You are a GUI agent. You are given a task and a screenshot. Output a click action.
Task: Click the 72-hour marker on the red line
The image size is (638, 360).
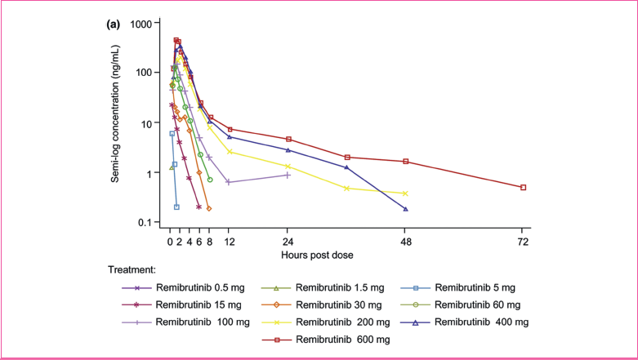tap(523, 187)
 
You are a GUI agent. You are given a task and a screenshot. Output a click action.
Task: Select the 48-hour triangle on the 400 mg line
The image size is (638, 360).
tap(405, 209)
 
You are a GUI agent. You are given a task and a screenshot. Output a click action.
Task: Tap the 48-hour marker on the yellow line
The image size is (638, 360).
tap(405, 193)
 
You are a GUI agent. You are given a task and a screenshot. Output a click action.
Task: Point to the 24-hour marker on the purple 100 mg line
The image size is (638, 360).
tap(288, 175)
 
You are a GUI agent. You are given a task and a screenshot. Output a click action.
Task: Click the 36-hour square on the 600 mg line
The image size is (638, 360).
tap(347, 158)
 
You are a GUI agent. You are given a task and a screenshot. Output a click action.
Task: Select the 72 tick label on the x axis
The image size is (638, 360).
tap(523, 242)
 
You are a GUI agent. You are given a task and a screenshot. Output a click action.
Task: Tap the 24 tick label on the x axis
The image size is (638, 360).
tap(288, 242)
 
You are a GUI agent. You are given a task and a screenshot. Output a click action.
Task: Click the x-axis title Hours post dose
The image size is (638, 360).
tap(318, 255)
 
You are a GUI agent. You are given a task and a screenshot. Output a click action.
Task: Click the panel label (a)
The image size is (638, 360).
tap(114, 24)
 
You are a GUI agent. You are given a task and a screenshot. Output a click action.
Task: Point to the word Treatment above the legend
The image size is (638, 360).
tap(132, 269)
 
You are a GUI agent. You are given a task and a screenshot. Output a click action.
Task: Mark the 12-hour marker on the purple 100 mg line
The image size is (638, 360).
tap(230, 182)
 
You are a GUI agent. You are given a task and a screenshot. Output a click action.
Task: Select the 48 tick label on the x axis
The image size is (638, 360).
tap(405, 242)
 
